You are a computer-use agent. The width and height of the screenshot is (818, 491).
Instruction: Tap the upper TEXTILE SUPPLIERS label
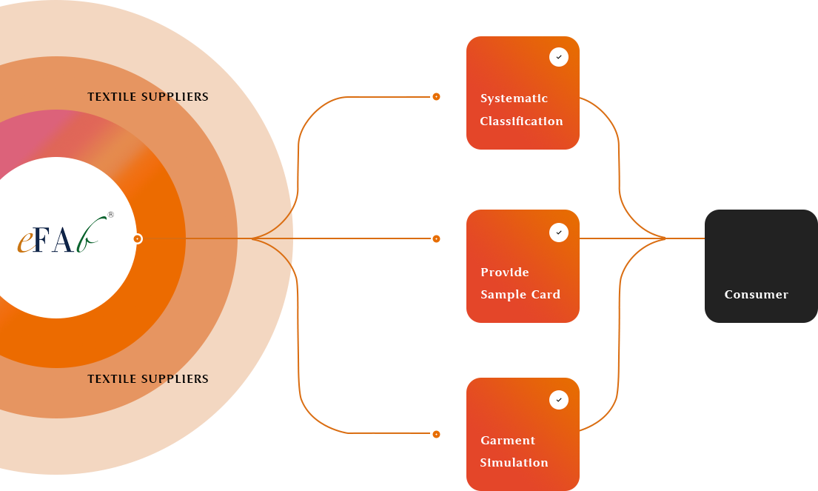click(148, 97)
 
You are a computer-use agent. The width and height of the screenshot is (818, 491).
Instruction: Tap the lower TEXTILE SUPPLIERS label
click(148, 379)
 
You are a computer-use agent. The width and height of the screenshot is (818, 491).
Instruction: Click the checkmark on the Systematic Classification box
click(559, 57)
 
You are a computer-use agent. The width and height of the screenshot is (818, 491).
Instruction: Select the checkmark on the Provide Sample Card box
click(559, 233)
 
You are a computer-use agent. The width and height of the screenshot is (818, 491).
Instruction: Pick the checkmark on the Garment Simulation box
click(559, 400)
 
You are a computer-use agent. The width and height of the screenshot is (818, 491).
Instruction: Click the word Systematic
click(514, 98)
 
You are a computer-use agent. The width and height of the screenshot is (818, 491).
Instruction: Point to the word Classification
click(521, 121)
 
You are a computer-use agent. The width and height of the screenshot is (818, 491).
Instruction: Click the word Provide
click(505, 273)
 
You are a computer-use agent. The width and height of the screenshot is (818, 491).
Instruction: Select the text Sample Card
click(520, 295)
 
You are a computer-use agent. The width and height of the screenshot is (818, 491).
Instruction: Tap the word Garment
click(508, 441)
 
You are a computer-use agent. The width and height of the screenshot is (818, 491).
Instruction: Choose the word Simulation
click(514, 463)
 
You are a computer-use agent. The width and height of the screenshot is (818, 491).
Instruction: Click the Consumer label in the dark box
click(756, 295)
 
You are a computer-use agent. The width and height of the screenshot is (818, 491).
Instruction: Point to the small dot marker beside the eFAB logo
click(138, 238)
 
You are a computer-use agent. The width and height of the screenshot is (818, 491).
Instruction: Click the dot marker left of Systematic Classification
click(436, 97)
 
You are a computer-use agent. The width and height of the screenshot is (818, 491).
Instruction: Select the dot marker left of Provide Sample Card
click(436, 238)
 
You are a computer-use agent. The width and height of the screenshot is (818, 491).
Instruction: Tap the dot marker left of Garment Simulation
click(436, 435)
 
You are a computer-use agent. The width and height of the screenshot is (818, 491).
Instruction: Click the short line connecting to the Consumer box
click(685, 238)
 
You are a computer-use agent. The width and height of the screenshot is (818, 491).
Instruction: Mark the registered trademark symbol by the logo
click(111, 215)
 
